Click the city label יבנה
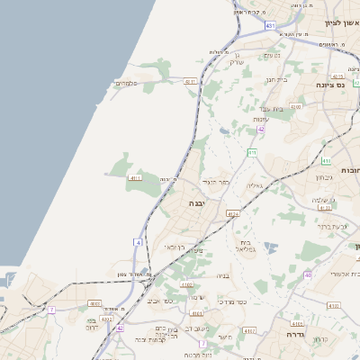(x=196, y=204)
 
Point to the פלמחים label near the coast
(x=125, y=84)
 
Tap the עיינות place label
(x=261, y=120)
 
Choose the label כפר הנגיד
(x=216, y=181)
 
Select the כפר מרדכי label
(x=231, y=301)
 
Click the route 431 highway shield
(x=270, y=26)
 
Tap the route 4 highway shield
(x=139, y=242)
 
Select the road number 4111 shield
(x=136, y=178)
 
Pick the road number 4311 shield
(x=191, y=81)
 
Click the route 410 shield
(x=252, y=154)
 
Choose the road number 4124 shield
(x=233, y=213)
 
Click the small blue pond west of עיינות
(x=223, y=130)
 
